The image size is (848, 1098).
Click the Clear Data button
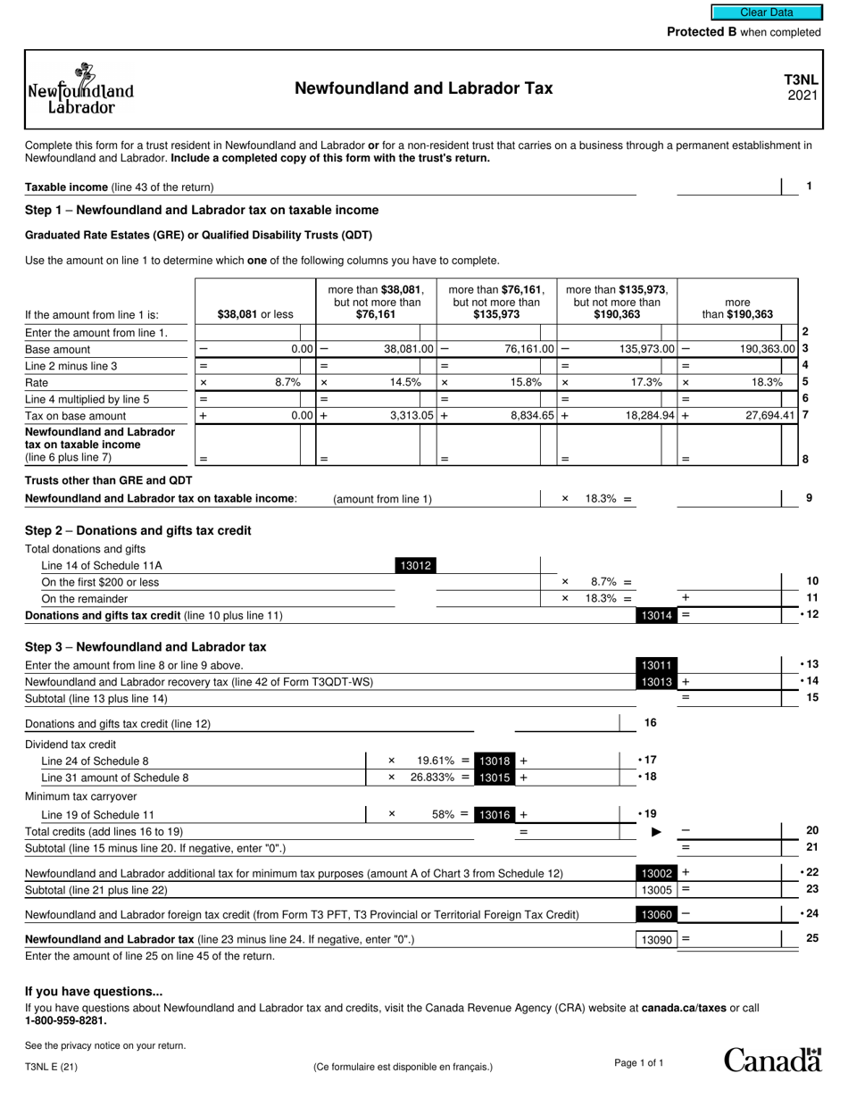click(x=766, y=12)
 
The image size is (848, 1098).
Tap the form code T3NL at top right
click(x=801, y=80)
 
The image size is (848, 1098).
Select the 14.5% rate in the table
click(x=404, y=382)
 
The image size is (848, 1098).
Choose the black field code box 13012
click(x=415, y=565)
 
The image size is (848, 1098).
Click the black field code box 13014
click(x=656, y=615)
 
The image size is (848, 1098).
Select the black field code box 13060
click(x=656, y=914)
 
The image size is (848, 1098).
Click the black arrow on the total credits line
click(x=657, y=832)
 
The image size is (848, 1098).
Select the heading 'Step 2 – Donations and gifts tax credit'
click(x=137, y=530)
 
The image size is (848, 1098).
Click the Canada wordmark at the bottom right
click(x=772, y=1060)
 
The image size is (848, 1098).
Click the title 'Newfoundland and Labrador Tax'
click(x=423, y=88)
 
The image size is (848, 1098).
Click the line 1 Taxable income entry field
click(x=728, y=187)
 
